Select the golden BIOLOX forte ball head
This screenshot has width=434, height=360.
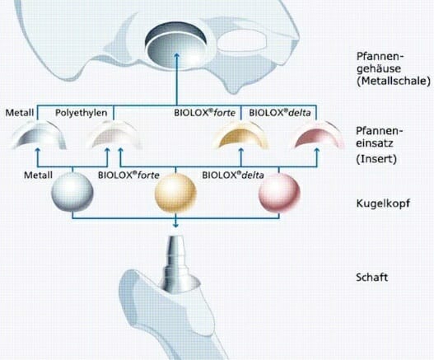pos(175,193)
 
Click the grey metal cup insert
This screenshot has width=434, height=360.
pos(39,135)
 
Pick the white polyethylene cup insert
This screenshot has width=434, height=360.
pos(114,135)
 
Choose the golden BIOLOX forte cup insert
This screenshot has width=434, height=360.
pos(240,136)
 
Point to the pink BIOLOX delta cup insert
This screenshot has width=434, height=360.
pos(316,136)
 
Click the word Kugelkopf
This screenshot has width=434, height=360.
pos(383,203)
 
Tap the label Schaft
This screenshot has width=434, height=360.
pos(371,277)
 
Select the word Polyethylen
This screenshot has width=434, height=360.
pos(81,113)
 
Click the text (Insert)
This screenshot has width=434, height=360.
pos(376,159)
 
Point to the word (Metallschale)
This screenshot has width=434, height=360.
pos(394,81)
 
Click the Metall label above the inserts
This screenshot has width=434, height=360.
pos(20,113)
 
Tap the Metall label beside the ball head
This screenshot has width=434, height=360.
pos(38,175)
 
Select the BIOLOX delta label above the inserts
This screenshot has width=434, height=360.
pos(280,113)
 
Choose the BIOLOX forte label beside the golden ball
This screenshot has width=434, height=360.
pos(128,175)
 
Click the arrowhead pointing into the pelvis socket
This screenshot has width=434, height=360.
pos(177,56)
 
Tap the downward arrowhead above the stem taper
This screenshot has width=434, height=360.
pos(175,225)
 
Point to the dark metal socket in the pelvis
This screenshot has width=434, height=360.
pos(176,44)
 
